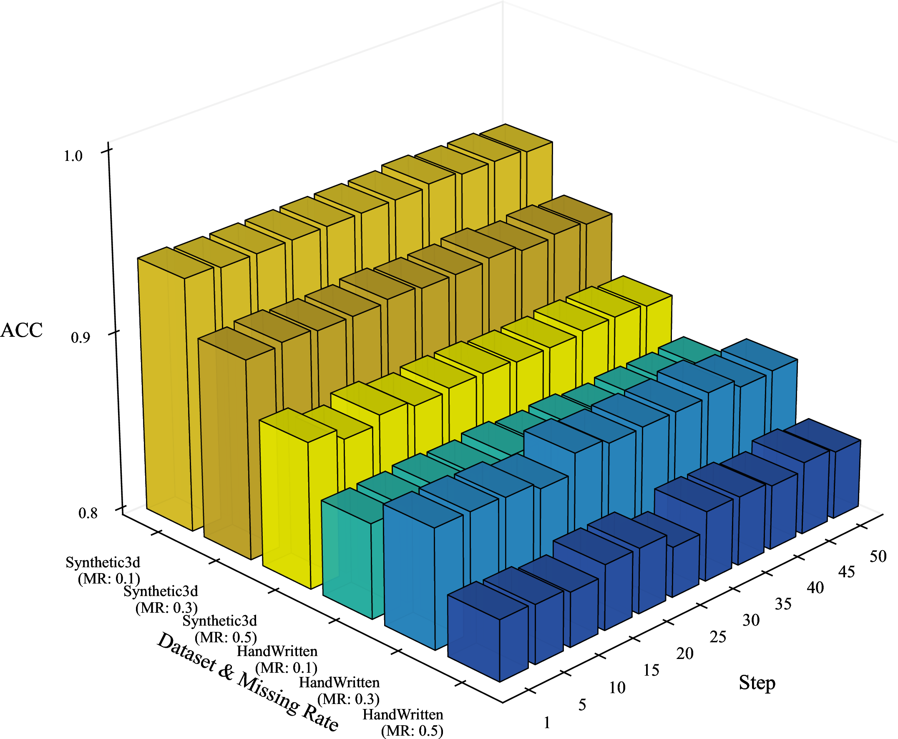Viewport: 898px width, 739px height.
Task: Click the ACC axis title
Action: pyautogui.click(x=22, y=331)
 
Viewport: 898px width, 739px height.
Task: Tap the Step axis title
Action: pyautogui.click(x=757, y=682)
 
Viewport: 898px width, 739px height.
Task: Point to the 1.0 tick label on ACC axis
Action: pyautogui.click(x=73, y=156)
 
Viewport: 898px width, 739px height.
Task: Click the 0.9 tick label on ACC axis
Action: pyautogui.click(x=80, y=338)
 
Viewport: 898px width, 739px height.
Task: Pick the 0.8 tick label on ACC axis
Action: pyautogui.click(x=88, y=514)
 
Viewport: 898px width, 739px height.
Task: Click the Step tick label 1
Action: pyautogui.click(x=547, y=723)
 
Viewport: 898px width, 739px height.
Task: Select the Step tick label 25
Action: pyautogui.click(x=718, y=637)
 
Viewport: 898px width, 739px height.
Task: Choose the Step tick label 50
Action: pyautogui.click(x=878, y=556)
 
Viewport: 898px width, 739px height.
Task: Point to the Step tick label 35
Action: pyautogui.click(x=783, y=604)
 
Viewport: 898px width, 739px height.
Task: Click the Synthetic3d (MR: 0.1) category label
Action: pyautogui.click(x=103, y=571)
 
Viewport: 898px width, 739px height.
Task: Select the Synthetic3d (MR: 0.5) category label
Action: pyautogui.click(x=220, y=629)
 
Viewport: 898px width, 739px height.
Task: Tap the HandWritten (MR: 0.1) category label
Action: pyautogui.click(x=277, y=659)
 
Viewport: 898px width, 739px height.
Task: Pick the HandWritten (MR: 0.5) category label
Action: pyautogui.click(x=403, y=723)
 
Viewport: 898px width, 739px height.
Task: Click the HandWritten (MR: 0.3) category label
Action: pyautogui.click(x=339, y=691)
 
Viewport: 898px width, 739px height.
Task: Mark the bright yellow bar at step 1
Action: pyautogui.click(x=298, y=498)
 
